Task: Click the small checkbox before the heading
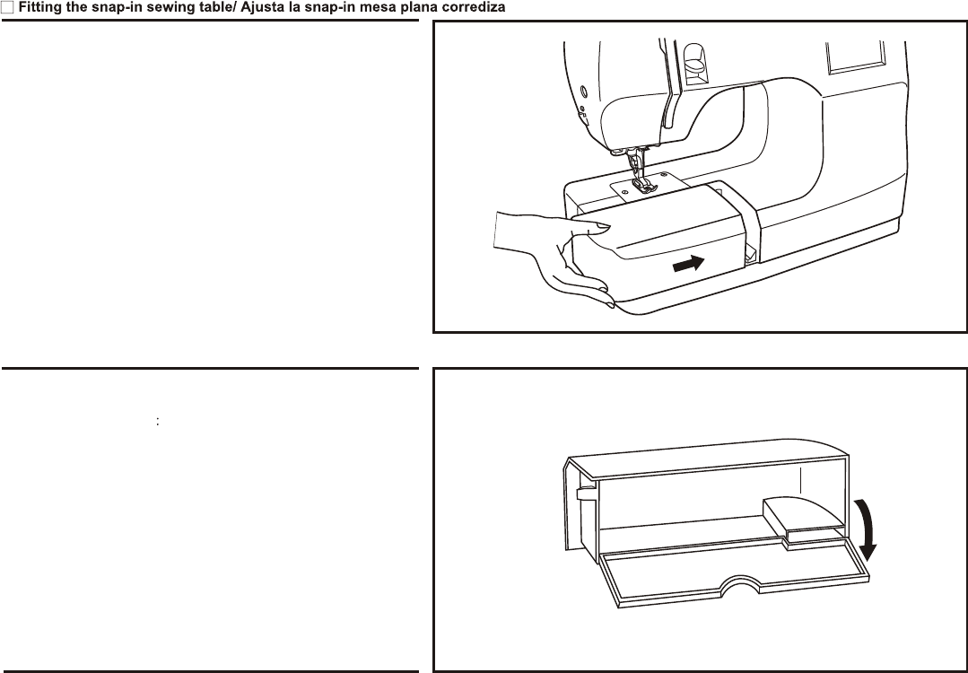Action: click(x=6, y=8)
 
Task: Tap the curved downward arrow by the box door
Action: click(x=867, y=529)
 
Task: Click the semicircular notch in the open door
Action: click(x=740, y=582)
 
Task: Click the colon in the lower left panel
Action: click(x=157, y=420)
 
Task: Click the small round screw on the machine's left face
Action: click(x=582, y=91)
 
